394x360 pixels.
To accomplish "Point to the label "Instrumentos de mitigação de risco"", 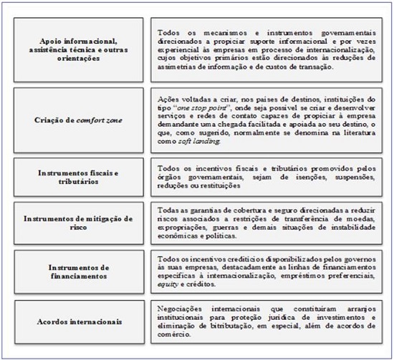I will (x=80, y=221).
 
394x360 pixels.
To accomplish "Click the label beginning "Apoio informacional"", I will (x=80, y=47).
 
